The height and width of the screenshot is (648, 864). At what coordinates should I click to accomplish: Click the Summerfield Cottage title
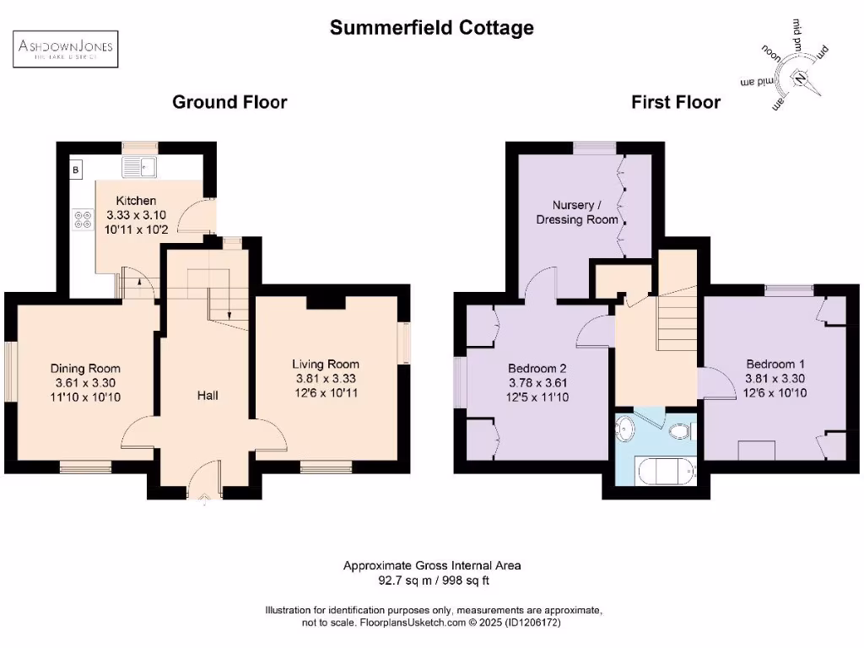point(431,28)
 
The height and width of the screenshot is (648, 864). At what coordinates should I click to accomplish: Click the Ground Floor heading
point(229,102)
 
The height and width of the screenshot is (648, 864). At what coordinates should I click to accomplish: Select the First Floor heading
point(676,102)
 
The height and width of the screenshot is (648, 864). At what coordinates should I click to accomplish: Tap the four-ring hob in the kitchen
point(84,220)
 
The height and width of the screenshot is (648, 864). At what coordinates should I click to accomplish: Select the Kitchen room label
point(136,201)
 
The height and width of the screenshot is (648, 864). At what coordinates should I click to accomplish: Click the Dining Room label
point(85,368)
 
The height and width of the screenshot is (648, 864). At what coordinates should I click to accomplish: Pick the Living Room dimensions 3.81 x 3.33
point(326,378)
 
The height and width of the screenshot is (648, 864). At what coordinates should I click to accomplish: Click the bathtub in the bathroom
point(666,471)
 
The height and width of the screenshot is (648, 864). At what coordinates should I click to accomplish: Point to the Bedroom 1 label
point(769,364)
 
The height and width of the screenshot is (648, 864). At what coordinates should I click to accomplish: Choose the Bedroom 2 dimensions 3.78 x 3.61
point(537,382)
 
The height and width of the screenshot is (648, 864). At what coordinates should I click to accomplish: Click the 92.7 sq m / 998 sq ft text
point(431,580)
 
